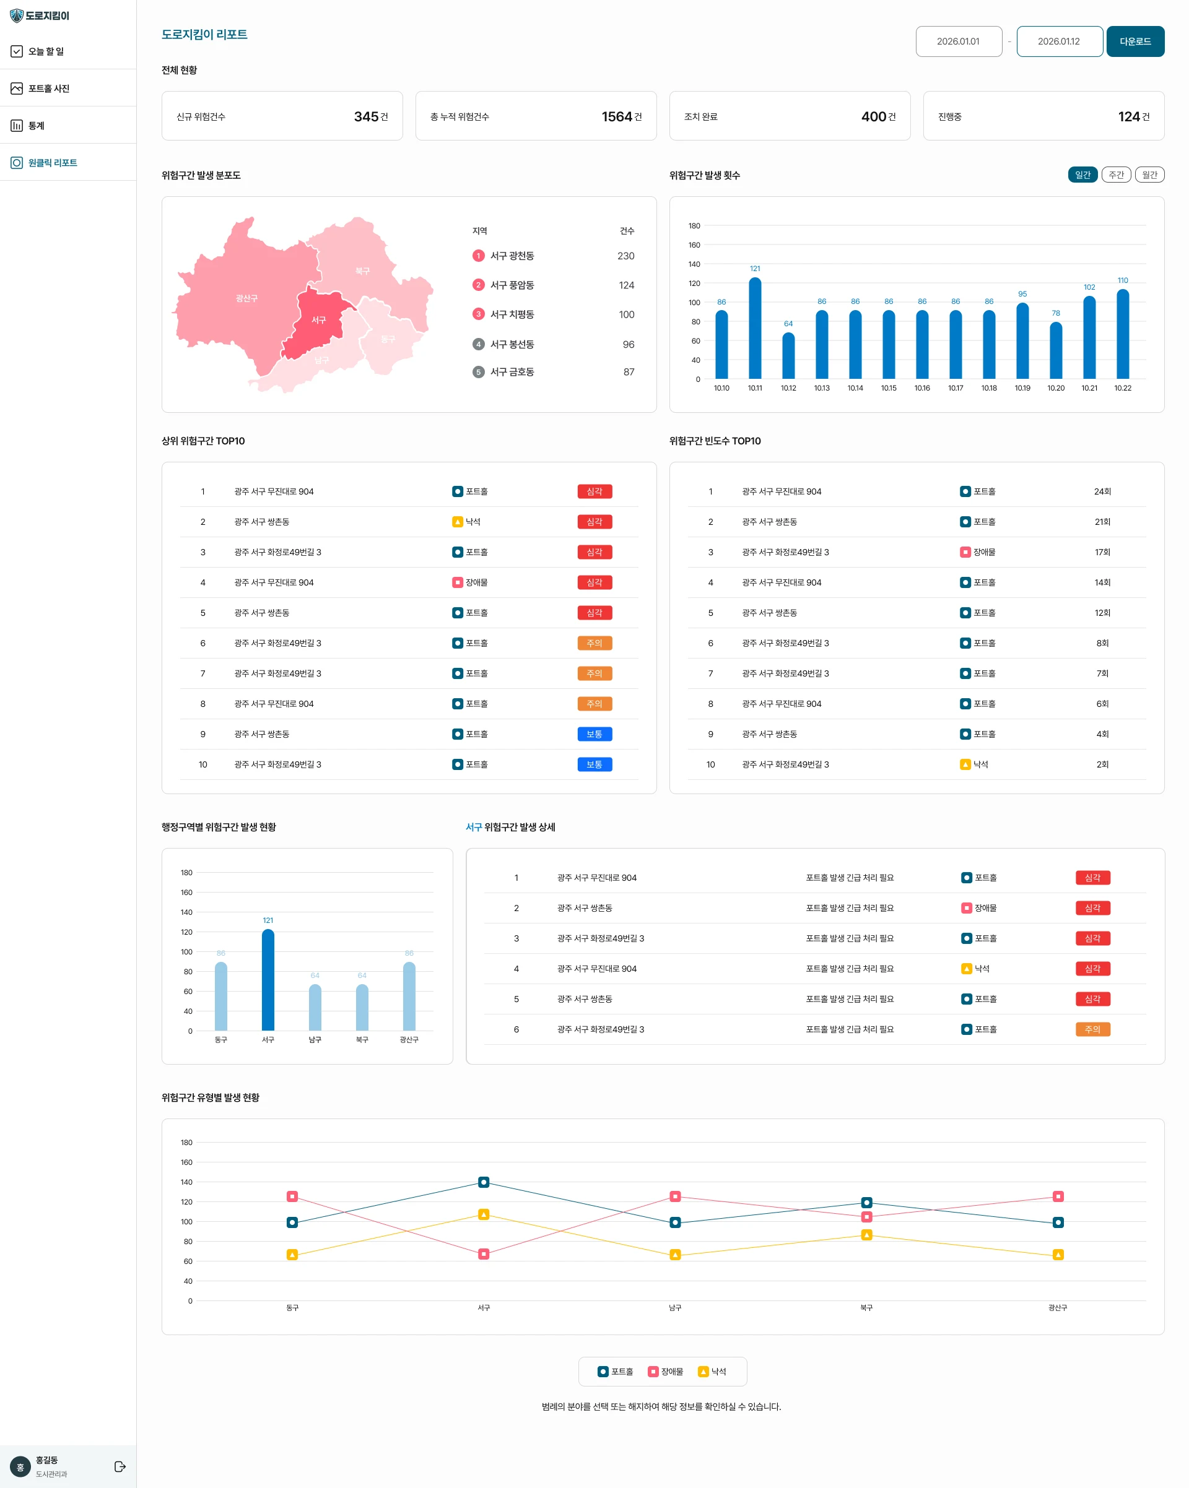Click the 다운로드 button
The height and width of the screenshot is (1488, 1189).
pos(1135,41)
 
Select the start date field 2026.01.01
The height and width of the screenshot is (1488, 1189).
pos(959,41)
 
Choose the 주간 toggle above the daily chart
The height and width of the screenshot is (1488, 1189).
pos(1116,175)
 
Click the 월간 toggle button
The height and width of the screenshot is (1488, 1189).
pos(1149,175)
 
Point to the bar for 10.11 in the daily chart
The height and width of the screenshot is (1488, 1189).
pos(755,328)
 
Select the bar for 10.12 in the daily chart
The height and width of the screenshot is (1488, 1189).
pos(788,355)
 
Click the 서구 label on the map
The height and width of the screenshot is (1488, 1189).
pos(318,320)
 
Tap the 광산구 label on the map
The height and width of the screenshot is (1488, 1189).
pos(246,298)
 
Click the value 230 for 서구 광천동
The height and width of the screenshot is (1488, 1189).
pos(625,256)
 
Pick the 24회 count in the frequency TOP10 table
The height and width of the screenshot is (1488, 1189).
pos(1102,491)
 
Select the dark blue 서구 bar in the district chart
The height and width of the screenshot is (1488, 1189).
pos(268,980)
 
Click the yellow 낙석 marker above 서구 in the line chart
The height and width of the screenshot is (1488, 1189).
pos(483,1214)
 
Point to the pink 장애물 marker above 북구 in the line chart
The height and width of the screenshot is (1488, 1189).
pos(866,1217)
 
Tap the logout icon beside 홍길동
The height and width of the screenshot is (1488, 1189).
pos(120,1466)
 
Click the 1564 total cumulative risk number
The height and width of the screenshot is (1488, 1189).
pos(617,116)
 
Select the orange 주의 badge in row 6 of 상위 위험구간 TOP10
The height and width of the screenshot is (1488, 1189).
pos(594,643)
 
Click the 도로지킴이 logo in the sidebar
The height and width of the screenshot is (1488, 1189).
pos(40,15)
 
